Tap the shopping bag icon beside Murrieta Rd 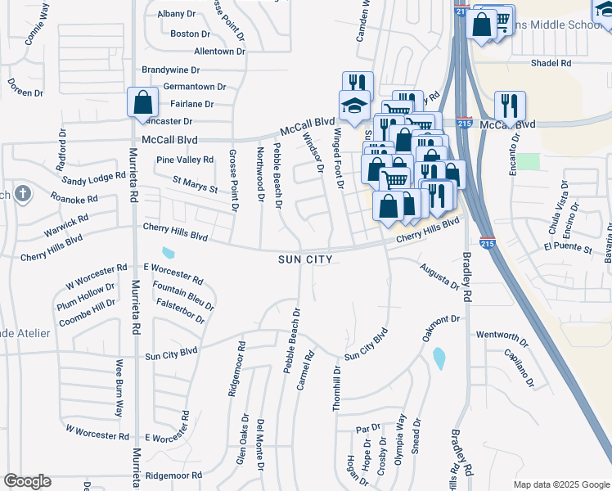(142, 103)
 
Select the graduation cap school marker (355, 106)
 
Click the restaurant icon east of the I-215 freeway (509, 107)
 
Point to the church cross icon (23, 194)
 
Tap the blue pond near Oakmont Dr (439, 358)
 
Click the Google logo (27, 481)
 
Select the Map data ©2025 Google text (560, 484)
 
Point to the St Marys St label (195, 184)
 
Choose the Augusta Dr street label (439, 276)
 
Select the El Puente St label (567, 246)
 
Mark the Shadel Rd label (550, 63)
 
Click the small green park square (528, 161)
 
